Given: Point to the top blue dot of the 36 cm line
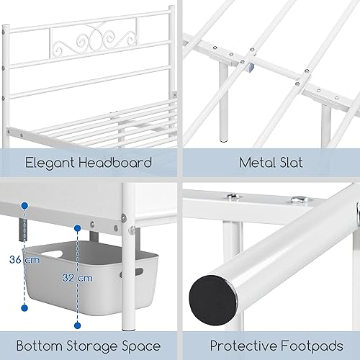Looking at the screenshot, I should coord(24,206).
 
